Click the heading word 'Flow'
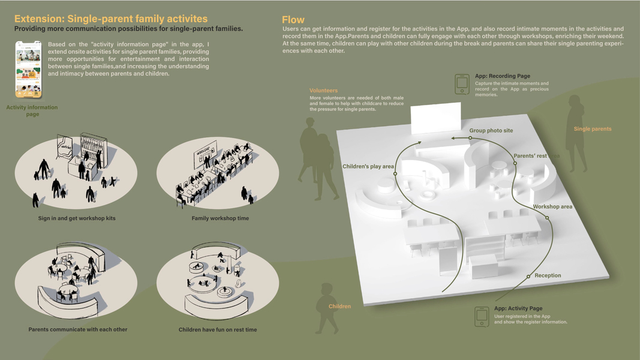[x=293, y=20]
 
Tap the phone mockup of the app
[x=28, y=69]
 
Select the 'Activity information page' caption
[x=32, y=110]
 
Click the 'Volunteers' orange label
[x=323, y=91]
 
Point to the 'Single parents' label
[x=593, y=129]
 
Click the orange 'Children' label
[x=339, y=307]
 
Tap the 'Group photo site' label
[x=491, y=130]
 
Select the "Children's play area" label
[x=368, y=166]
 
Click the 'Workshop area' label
[x=552, y=206]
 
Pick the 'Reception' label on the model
[x=548, y=275]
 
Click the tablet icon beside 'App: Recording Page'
[x=462, y=83]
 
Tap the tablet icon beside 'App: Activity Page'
[x=482, y=316]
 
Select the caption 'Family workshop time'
[x=220, y=218]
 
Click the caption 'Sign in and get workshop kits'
[x=77, y=218]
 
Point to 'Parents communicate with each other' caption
[x=78, y=329]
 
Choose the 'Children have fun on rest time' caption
[x=218, y=329]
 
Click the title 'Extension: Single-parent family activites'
[x=111, y=19]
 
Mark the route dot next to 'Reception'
[x=528, y=275]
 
